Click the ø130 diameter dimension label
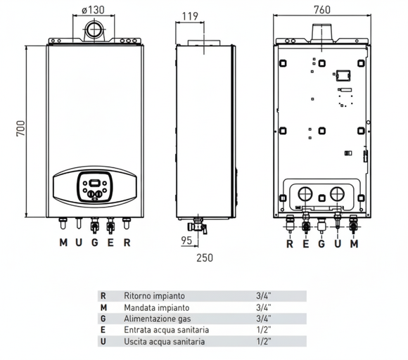pyautogui.click(x=92, y=11)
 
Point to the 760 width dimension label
pyautogui.click(x=321, y=11)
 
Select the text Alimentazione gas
pyautogui.click(x=157, y=319)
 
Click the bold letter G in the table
pyautogui.click(x=103, y=319)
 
